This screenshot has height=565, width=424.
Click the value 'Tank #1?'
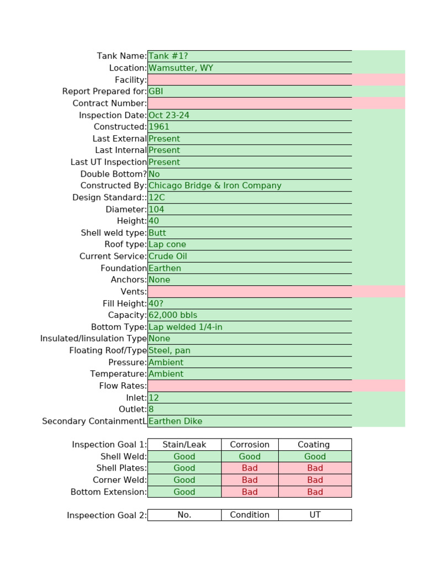tap(168, 56)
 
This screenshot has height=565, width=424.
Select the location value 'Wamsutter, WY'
tap(181, 68)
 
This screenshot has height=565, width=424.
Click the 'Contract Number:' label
tap(110, 104)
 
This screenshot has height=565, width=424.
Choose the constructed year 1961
tap(159, 127)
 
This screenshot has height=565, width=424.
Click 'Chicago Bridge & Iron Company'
tap(215, 186)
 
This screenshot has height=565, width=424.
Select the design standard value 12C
tap(157, 198)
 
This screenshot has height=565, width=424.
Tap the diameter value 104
tap(156, 210)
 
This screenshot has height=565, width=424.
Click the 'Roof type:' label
tap(126, 244)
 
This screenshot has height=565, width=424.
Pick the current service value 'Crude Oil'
tap(168, 257)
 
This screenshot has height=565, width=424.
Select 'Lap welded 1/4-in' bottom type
tap(185, 327)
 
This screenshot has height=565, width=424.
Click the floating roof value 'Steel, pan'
tap(169, 350)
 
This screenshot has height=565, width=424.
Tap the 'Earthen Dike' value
tap(176, 421)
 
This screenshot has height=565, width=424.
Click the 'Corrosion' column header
tap(250, 445)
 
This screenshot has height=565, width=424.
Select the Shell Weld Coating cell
tap(315, 456)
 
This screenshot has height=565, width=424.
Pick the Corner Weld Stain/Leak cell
tap(184, 480)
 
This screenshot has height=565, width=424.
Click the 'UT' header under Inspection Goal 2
tap(315, 515)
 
